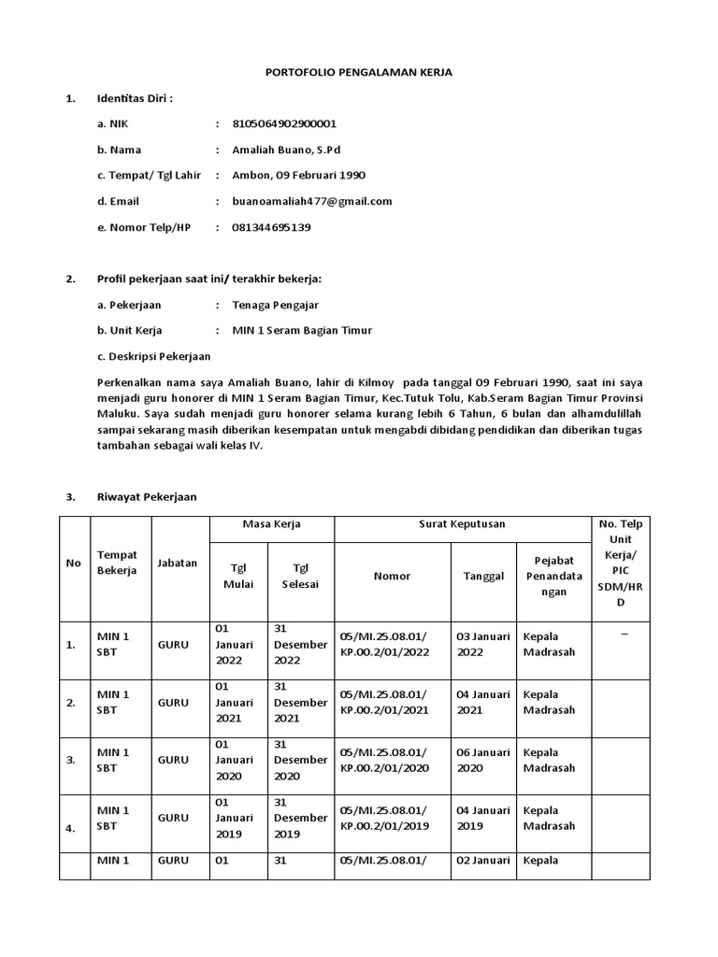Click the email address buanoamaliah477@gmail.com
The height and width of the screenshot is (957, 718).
312,201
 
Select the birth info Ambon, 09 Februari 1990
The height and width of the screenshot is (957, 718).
298,175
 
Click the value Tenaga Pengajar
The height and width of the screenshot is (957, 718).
275,305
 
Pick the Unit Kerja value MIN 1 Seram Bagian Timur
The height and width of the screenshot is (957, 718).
302,330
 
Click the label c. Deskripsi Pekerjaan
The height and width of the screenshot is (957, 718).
153,356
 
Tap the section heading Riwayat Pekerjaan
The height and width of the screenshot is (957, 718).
147,496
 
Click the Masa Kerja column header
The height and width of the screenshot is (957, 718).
272,524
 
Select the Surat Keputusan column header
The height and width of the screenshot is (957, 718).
462,524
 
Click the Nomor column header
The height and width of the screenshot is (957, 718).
392,577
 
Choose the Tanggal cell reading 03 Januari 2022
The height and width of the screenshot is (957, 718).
483,644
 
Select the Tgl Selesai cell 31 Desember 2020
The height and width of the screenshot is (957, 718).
300,760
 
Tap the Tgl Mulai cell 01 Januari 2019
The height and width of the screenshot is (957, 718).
239,818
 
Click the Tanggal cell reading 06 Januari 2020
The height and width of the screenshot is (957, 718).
483,760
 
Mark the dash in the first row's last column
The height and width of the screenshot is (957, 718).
623,636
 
